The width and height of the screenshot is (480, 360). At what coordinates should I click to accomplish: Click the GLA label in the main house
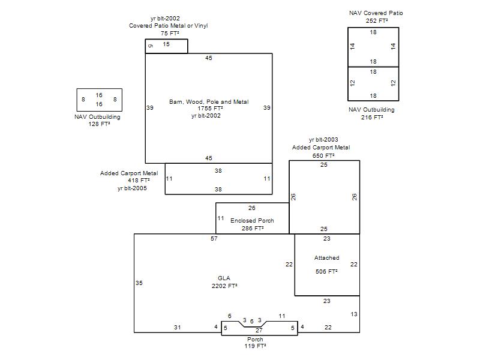(224, 278)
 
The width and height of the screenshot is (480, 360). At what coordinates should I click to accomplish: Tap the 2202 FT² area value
(224, 286)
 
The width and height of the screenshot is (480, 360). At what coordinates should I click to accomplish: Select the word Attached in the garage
(326, 258)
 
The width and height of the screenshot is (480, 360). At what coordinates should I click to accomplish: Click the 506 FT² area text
(326, 272)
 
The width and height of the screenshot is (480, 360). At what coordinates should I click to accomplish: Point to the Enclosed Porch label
(252, 220)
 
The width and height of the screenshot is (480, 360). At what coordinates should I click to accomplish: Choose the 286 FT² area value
(253, 229)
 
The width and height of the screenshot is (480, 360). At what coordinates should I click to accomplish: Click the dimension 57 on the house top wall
(214, 238)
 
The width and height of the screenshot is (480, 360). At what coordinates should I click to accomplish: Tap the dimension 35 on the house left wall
(139, 283)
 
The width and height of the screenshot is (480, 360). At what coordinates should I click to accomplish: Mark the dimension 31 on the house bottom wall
(177, 327)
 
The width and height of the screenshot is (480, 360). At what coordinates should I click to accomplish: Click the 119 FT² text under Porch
(255, 346)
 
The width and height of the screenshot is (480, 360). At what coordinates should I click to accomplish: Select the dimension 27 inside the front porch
(259, 331)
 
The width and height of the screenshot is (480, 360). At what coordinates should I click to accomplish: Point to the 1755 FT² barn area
(210, 109)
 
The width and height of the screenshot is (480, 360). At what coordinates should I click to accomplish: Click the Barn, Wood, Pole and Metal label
(209, 101)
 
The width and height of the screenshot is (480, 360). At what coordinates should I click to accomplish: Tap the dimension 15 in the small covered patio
(166, 44)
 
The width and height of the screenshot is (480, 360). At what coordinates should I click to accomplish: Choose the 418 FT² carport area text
(139, 181)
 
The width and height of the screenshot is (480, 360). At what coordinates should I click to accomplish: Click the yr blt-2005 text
(132, 188)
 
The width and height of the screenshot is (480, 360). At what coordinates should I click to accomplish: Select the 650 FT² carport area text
(323, 155)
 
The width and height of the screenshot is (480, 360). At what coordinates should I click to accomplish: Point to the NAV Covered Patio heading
(376, 13)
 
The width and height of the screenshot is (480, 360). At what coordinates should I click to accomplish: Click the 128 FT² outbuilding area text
(99, 124)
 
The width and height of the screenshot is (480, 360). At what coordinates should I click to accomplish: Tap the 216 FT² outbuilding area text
(372, 117)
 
